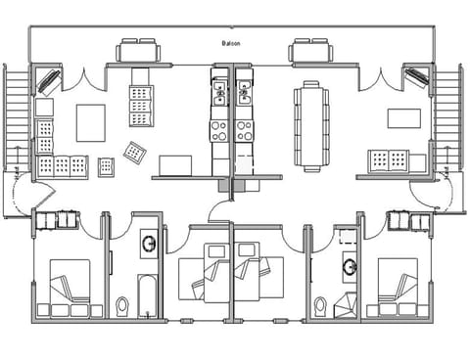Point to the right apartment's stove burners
click(243, 129)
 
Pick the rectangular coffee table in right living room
click(403, 119)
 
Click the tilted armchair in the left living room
click(133, 153)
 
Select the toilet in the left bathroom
click(122, 305)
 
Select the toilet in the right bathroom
click(320, 306)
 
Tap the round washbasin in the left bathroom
click(149, 243)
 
